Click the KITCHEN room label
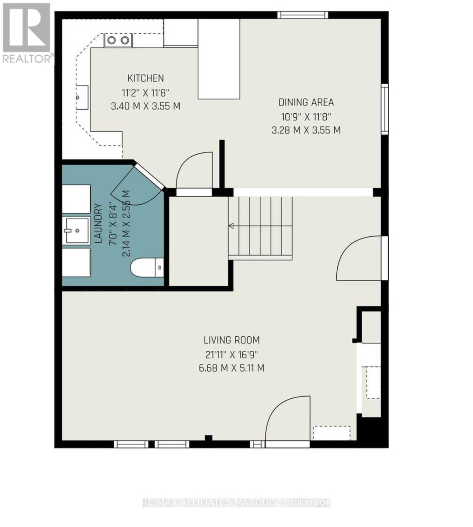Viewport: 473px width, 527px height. coord(145,78)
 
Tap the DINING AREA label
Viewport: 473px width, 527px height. coord(306,102)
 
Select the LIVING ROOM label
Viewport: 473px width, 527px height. coord(231,340)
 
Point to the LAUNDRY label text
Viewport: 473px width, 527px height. coord(98,224)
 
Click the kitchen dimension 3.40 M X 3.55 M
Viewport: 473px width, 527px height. coord(145,106)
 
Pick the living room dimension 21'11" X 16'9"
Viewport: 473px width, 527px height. coord(231,354)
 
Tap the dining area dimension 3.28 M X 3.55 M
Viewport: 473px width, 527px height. coord(306,130)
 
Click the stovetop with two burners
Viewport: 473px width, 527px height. coord(119,40)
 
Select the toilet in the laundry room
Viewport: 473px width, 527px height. coord(147,267)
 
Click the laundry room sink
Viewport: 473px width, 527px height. coord(76,231)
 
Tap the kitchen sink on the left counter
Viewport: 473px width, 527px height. coord(82,97)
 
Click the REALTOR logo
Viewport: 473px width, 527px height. coord(26,33)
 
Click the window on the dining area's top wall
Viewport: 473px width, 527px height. coord(303,15)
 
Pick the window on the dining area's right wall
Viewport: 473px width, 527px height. coord(385,109)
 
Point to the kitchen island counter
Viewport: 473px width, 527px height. coord(219,59)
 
